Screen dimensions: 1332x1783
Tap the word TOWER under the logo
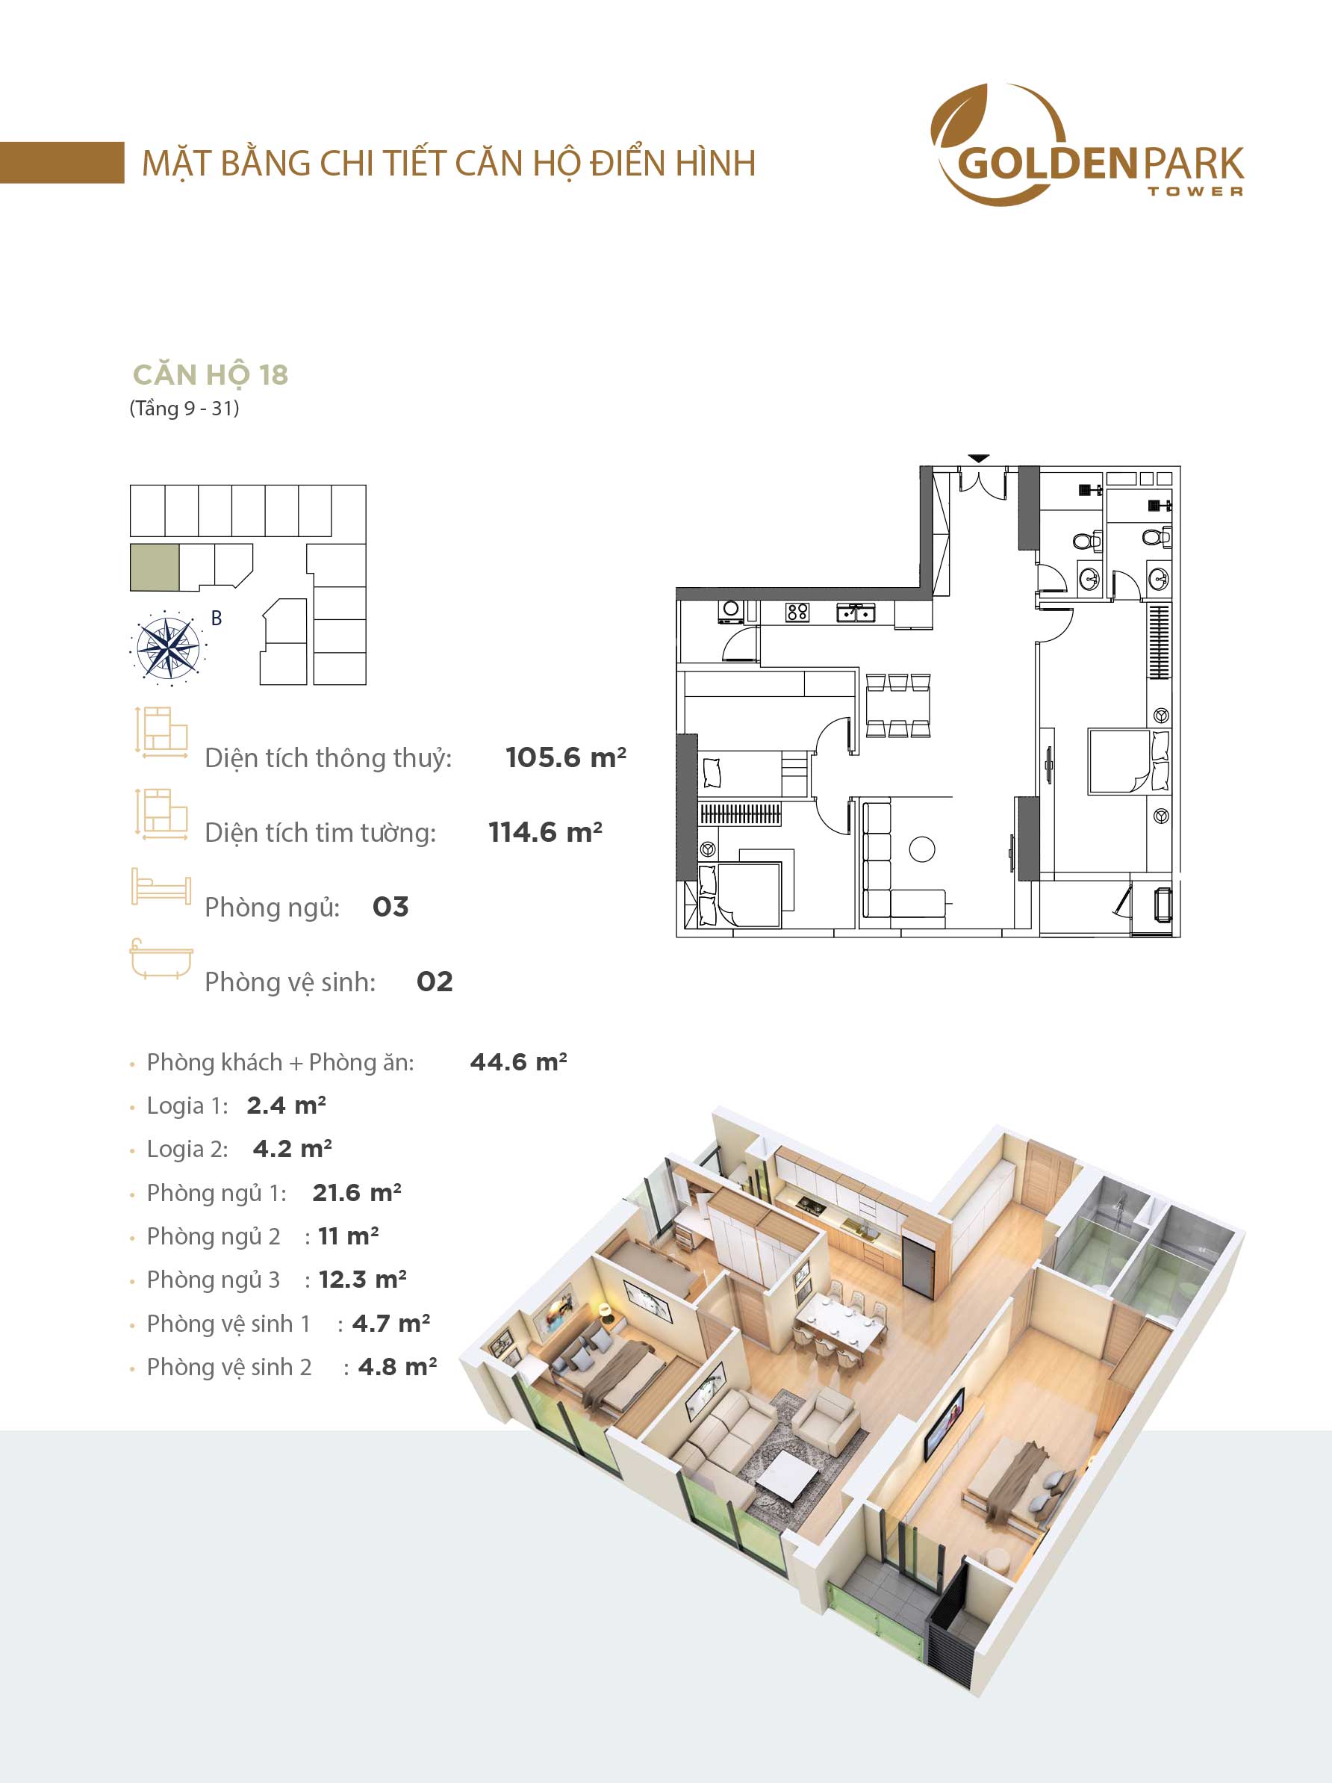click(x=1195, y=191)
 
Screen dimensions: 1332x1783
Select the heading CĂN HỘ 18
click(x=211, y=375)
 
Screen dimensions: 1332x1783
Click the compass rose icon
click(x=167, y=645)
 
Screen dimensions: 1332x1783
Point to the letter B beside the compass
click(x=216, y=618)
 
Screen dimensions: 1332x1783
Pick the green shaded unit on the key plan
click(x=155, y=568)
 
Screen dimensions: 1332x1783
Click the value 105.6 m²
click(x=566, y=757)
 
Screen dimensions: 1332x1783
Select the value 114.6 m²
click(x=546, y=831)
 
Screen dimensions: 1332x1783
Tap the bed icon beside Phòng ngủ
click(x=161, y=887)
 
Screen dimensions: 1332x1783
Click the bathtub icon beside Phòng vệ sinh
click(x=161, y=959)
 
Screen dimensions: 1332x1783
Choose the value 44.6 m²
click(x=518, y=1061)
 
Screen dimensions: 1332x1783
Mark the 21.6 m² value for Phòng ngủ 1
click(x=357, y=1192)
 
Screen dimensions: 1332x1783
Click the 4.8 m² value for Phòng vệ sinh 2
click(x=397, y=1366)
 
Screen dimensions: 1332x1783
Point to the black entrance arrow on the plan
click(x=978, y=459)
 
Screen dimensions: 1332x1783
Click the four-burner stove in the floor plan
click(x=797, y=613)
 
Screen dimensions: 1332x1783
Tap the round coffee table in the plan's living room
click(x=922, y=849)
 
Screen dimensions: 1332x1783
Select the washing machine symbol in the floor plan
click(x=732, y=612)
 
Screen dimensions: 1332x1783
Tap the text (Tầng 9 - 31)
click(x=184, y=409)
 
